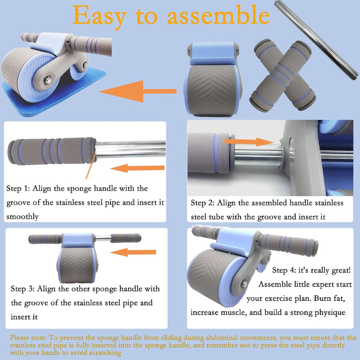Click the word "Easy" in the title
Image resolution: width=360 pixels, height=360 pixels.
click(99, 17)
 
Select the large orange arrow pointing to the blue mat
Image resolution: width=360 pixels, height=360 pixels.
click(138, 91)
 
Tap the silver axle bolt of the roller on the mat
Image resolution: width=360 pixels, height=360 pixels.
click(48, 80)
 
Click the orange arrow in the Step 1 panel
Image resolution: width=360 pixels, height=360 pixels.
click(137, 168)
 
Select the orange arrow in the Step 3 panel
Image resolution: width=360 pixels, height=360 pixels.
click(133, 252)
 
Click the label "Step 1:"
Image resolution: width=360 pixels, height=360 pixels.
click(18, 189)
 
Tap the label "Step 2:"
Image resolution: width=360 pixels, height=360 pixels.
click(202, 203)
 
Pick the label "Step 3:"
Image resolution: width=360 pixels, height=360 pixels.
click(22, 288)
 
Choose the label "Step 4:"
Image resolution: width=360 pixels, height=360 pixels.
click(284, 270)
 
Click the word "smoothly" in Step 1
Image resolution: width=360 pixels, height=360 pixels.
click(22, 217)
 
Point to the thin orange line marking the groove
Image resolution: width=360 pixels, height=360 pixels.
click(91, 165)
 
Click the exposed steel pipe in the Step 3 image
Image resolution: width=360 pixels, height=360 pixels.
click(103, 238)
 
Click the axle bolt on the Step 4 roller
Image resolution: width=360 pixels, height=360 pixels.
click(244, 284)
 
